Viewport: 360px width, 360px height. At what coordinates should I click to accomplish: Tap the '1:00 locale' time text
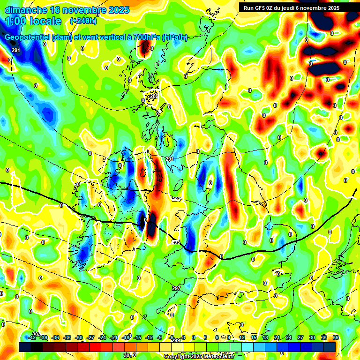pos(33,21)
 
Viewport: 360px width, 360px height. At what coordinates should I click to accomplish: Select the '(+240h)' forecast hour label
pos(83,21)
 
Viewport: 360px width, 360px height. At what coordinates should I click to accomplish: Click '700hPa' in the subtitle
pos(144,37)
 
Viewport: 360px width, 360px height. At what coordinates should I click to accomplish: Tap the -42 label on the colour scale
pos(32,337)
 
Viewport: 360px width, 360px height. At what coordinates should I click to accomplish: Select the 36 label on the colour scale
pos(335,337)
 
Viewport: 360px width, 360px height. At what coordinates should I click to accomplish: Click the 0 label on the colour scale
pos(194,337)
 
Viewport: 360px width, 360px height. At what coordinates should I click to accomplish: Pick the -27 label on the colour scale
pos(90,337)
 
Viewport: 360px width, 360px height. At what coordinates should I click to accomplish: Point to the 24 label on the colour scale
pos(288,337)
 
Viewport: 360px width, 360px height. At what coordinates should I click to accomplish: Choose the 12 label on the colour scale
pos(241,337)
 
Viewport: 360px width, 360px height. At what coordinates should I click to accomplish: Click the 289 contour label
pos(154,96)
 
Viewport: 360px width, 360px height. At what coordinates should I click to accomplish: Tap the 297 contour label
pos(176,288)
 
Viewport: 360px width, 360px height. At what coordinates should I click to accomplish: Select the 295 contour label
pos(176,242)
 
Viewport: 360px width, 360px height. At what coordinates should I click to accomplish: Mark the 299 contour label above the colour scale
pos(176,340)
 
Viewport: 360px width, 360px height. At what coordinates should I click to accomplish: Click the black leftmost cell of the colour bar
pos(25,347)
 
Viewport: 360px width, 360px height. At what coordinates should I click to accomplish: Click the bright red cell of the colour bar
pos(95,347)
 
